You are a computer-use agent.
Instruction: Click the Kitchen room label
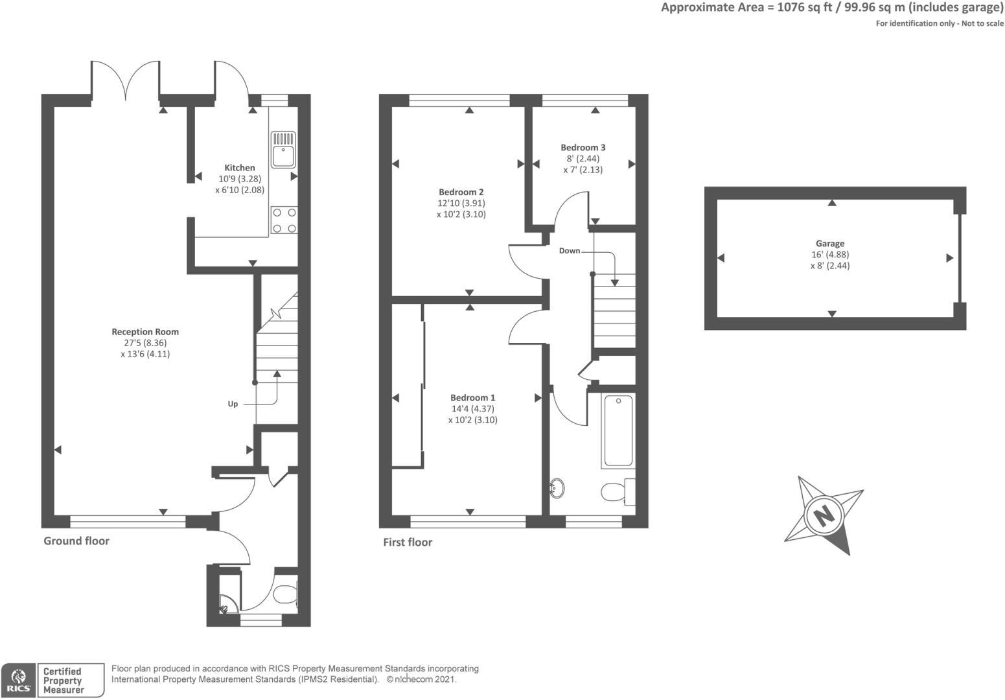240,168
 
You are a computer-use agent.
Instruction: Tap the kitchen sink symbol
284,150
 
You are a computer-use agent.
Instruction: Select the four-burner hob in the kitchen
284,220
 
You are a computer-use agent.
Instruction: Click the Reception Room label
145,332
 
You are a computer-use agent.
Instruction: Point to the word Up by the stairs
233,404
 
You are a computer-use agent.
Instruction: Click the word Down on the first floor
570,251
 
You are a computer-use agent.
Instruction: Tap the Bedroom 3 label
583,148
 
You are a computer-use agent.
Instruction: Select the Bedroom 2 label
461,192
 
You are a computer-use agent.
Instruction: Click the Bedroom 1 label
473,398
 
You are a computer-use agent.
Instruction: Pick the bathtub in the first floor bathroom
618,431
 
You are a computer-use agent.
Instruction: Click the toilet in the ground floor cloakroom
285,594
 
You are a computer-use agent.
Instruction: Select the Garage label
830,244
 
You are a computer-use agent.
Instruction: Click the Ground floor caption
76,541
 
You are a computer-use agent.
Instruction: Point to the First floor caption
408,542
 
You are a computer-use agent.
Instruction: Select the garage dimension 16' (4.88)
830,255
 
